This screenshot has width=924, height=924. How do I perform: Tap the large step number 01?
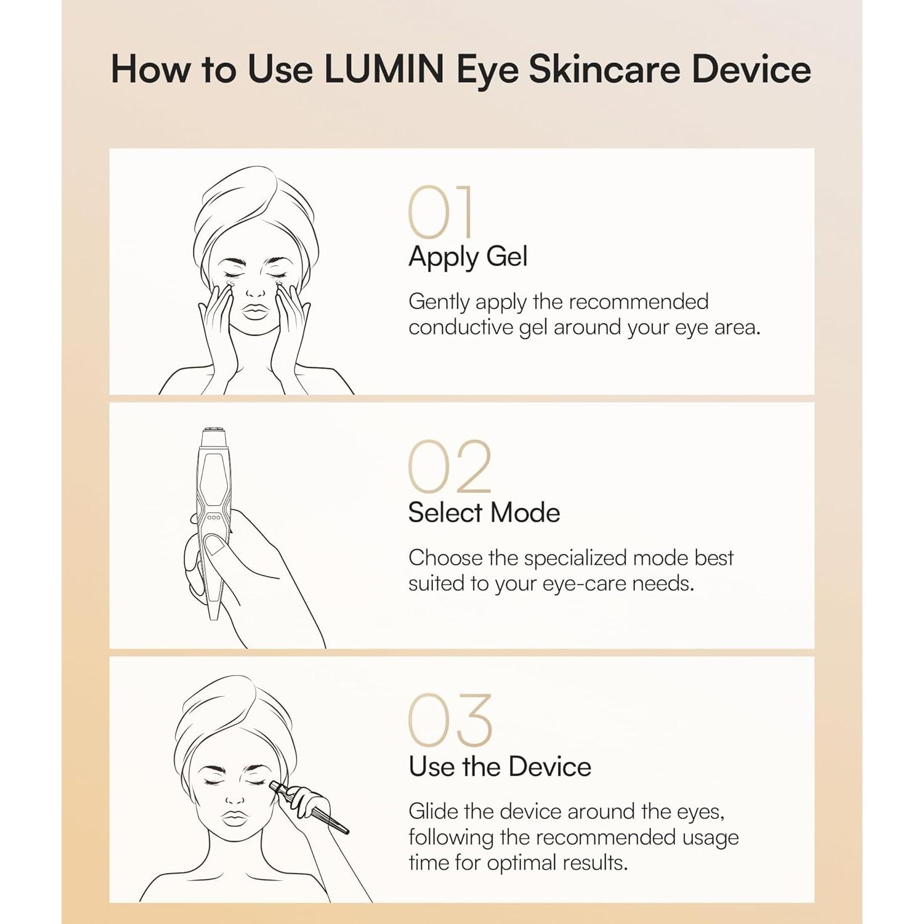[x=441, y=213]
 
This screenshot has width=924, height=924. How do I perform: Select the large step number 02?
[x=450, y=467]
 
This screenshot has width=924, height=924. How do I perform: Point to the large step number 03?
[x=450, y=721]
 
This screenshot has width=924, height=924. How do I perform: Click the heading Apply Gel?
[x=468, y=257]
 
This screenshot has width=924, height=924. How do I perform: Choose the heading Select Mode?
[x=484, y=513]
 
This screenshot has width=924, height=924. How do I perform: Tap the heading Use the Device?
[x=500, y=767]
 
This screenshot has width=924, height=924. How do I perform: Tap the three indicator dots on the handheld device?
[x=214, y=517]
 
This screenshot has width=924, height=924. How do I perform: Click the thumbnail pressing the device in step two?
[x=214, y=545]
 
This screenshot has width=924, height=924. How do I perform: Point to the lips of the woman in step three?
[x=234, y=818]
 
